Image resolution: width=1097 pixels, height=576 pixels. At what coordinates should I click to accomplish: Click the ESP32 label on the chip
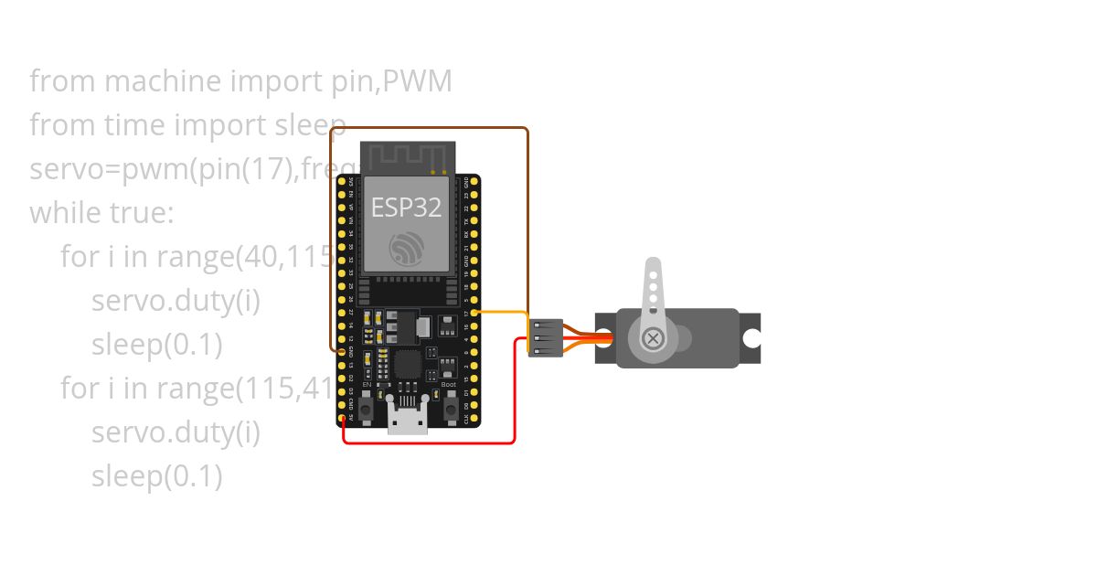[x=406, y=208]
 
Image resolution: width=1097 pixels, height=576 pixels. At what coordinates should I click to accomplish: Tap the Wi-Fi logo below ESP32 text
[x=406, y=248]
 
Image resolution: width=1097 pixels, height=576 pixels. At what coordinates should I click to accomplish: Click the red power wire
[x=430, y=443]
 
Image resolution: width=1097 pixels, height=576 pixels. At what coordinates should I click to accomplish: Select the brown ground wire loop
[x=430, y=128]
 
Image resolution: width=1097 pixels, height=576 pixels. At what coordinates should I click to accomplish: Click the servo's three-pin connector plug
[x=546, y=338]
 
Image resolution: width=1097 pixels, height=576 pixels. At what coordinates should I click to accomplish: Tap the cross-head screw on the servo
[x=653, y=338]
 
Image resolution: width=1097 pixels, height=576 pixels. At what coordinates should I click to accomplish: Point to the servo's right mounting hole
[x=751, y=338]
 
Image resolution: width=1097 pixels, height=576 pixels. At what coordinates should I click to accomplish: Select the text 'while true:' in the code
[x=101, y=213]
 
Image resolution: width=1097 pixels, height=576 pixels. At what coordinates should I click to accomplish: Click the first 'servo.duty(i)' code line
[x=176, y=301]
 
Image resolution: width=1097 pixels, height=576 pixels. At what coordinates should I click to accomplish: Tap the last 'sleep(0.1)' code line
[x=157, y=476]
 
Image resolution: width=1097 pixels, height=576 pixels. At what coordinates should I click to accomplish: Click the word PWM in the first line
[x=417, y=81]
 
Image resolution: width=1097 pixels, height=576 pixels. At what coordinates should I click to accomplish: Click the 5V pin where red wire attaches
[x=344, y=418]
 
